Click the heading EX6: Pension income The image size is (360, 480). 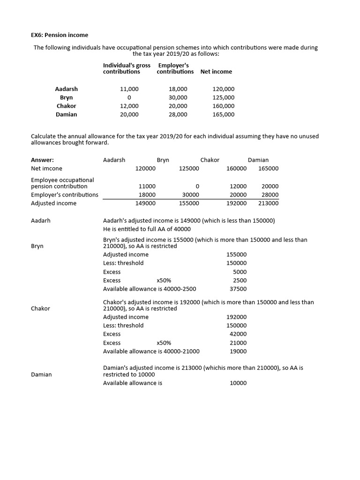(60, 35)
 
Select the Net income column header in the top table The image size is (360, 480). (216, 72)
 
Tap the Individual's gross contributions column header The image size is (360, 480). (127, 68)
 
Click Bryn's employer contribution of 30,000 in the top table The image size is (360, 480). (178, 97)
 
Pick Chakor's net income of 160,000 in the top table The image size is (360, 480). (224, 106)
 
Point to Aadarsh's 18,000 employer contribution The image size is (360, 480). (178, 89)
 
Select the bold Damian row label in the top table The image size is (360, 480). (66, 114)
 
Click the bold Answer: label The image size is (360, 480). (42, 160)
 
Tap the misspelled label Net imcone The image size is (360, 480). (46, 168)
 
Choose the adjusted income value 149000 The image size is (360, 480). (145, 203)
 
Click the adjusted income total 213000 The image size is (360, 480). (268, 203)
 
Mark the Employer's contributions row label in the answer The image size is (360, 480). (65, 195)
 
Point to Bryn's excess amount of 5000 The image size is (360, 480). (240, 272)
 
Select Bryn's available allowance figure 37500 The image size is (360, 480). (238, 289)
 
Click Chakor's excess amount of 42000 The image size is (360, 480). (238, 334)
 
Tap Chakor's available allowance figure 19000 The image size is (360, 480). (238, 351)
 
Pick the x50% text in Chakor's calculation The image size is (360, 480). (164, 343)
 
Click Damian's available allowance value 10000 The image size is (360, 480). (238, 383)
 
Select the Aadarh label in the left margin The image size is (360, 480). (41, 220)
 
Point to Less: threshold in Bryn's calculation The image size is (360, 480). (123, 263)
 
